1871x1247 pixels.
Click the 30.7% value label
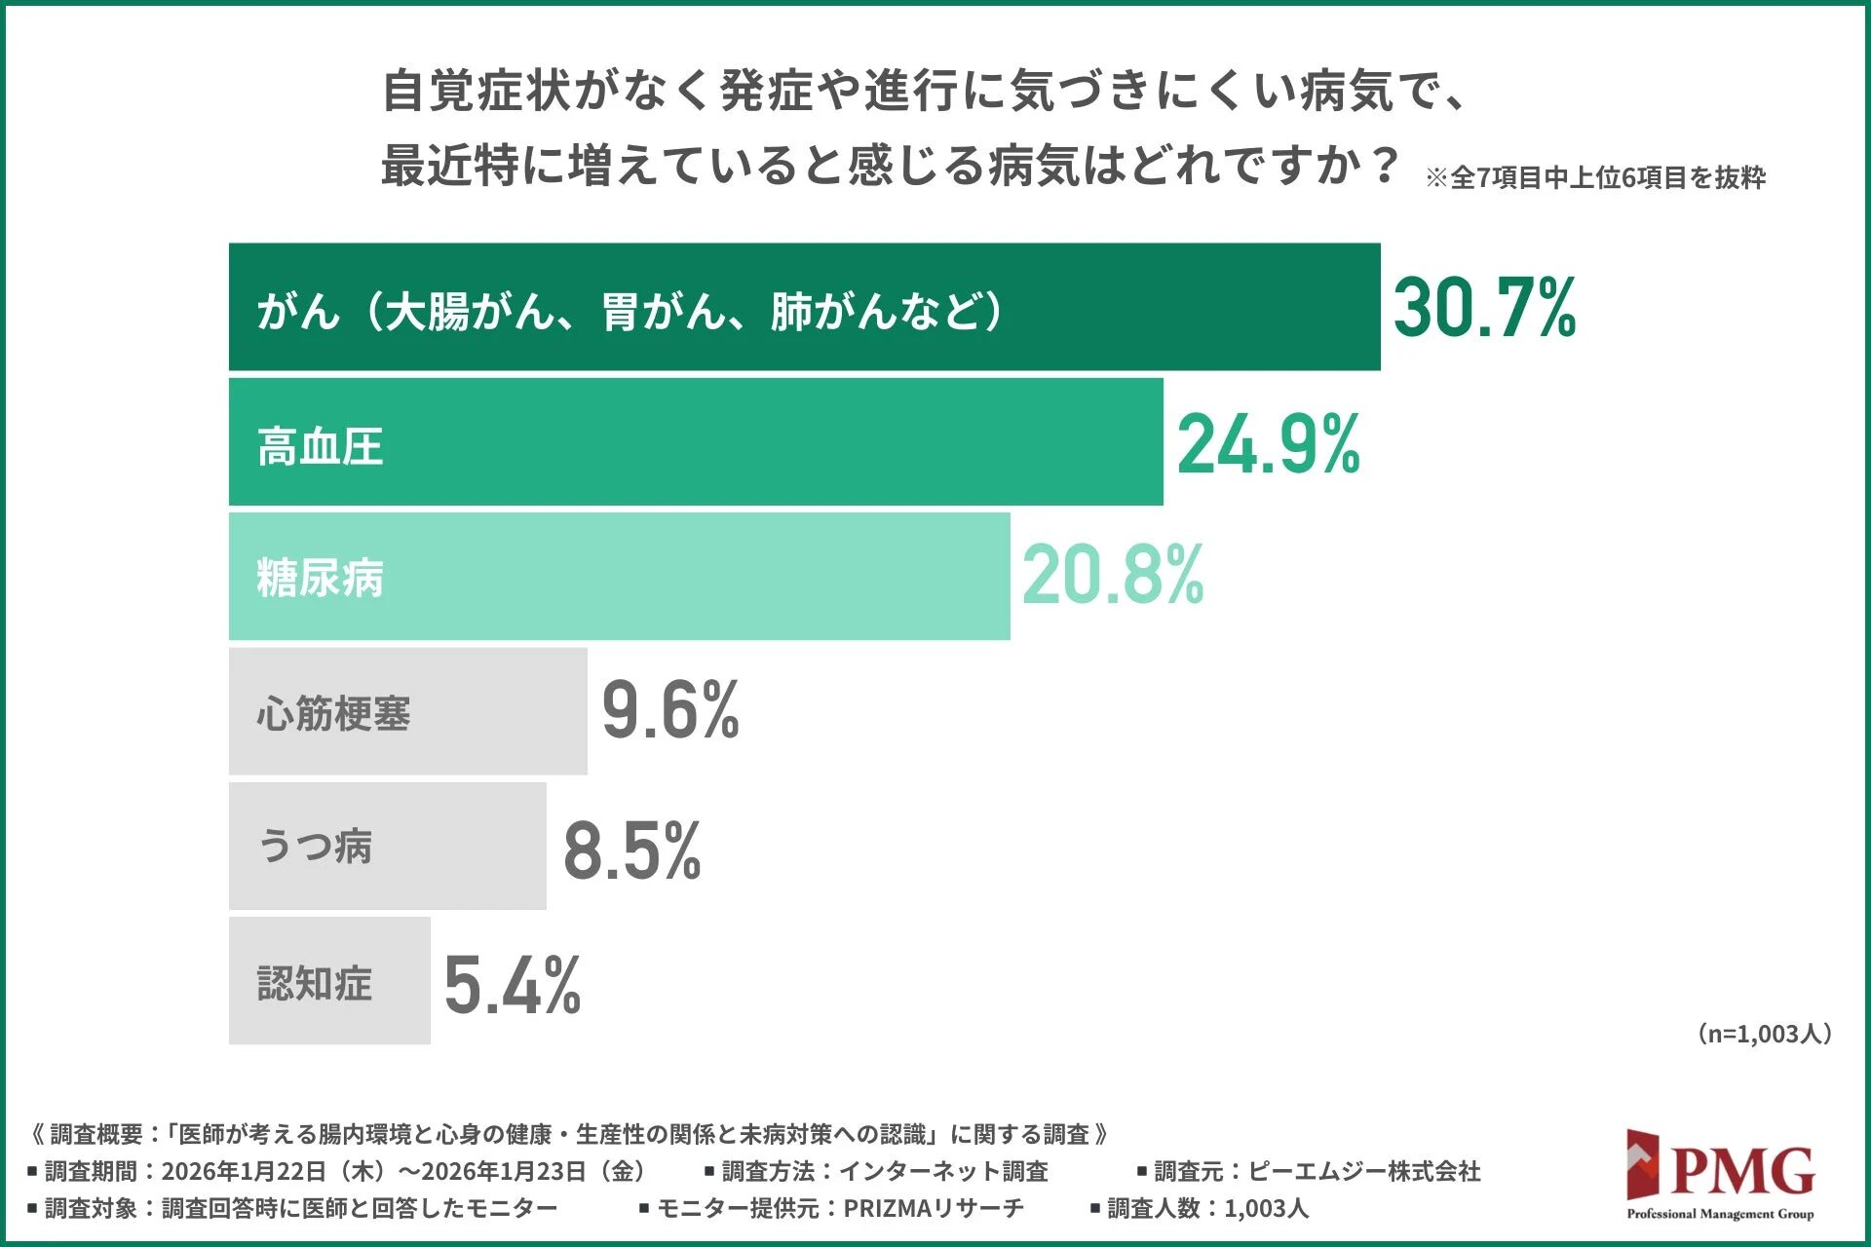coord(1484,308)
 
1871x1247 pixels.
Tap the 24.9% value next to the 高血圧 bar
coord(1268,444)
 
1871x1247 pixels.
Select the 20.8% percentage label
coord(1113,576)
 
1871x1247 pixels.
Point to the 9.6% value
coord(670,710)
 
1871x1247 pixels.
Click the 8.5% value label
coord(631,850)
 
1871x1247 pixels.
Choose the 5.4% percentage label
coord(512,985)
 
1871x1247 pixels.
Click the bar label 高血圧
coord(320,446)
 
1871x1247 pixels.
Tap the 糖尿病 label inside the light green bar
coord(320,578)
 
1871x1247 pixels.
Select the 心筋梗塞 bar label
coord(333,713)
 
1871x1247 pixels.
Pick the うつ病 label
coord(314,846)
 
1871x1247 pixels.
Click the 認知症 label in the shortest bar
coord(314,983)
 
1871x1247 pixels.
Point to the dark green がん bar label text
coord(629,311)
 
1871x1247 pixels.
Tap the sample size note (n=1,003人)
coord(1764,1034)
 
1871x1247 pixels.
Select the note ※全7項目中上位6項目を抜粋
coord(1595,177)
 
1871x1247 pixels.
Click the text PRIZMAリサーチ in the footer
coord(933,1208)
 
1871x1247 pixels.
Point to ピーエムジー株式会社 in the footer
coord(1364,1171)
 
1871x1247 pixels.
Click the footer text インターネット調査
coord(943,1171)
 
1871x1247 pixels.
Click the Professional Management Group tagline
coord(1720,1214)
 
